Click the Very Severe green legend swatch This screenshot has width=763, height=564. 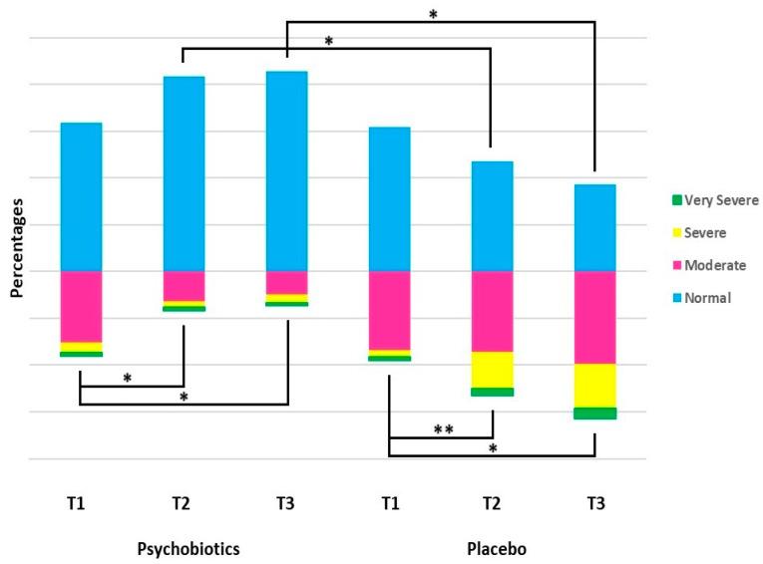658,200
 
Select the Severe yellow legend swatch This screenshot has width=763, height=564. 658,233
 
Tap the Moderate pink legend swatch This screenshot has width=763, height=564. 658,265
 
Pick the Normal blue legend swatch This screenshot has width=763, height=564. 658,297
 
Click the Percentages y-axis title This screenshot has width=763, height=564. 17,248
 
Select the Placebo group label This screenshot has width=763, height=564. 492,548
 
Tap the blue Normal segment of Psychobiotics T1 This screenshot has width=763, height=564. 82,196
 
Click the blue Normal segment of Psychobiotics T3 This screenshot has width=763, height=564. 287,170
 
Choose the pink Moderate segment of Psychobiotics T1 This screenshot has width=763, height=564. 82,306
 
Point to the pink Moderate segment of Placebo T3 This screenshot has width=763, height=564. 595,317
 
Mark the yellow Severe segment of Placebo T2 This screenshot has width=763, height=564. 492,370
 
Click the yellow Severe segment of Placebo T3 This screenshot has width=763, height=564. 595,386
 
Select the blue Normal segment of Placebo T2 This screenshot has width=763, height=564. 492,215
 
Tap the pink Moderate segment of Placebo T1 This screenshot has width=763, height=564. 389,310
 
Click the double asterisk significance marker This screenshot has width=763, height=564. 444,429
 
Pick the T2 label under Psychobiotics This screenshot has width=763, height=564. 181,503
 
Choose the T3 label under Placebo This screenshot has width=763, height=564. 595,503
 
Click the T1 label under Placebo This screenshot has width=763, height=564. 389,503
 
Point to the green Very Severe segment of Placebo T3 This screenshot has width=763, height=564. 595,414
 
